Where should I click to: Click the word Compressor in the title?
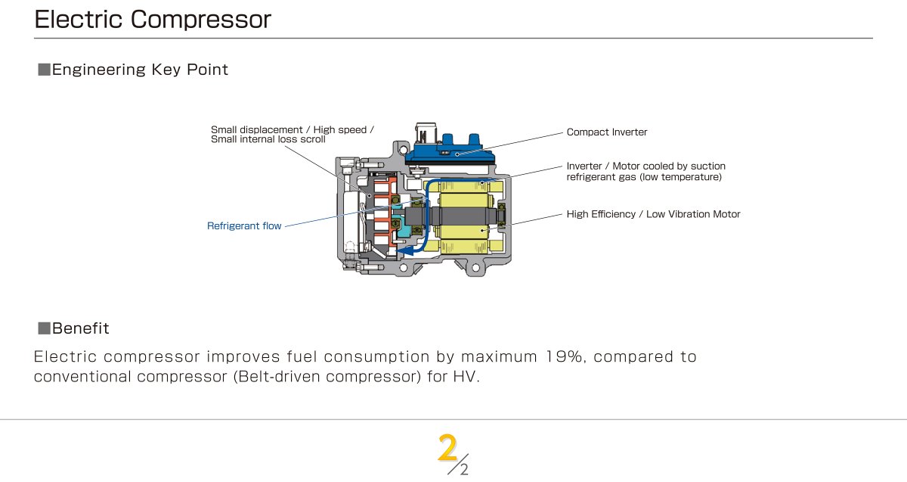pyautogui.click(x=200, y=20)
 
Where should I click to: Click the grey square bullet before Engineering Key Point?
pyautogui.click(x=44, y=70)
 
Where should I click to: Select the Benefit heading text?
pyautogui.click(x=81, y=328)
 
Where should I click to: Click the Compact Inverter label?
pyautogui.click(x=606, y=132)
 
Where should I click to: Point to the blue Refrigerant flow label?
pyautogui.click(x=244, y=225)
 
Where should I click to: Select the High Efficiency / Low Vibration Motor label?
pyautogui.click(x=653, y=214)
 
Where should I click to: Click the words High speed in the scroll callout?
pyautogui.click(x=339, y=129)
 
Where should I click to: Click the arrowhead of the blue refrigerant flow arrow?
pyautogui.click(x=406, y=250)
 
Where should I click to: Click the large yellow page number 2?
pyautogui.click(x=447, y=447)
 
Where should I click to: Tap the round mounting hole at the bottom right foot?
pyautogui.click(x=476, y=268)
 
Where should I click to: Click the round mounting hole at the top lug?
pyautogui.click(x=403, y=150)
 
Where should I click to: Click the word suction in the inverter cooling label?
pyautogui.click(x=707, y=166)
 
